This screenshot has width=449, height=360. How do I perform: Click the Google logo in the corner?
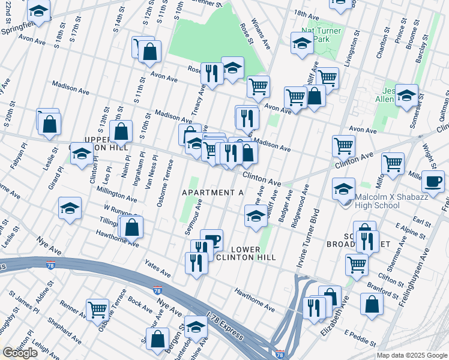(20, 353)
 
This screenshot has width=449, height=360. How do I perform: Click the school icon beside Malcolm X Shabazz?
(344, 188)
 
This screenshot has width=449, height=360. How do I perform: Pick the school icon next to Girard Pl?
(70, 208)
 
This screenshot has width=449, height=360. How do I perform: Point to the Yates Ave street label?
(157, 268)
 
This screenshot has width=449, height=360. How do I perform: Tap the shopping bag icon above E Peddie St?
(372, 304)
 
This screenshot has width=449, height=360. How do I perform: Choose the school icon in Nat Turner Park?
(302, 43)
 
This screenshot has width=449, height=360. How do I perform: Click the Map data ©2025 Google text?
(411, 355)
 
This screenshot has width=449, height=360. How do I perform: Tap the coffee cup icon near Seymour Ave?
(211, 239)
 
